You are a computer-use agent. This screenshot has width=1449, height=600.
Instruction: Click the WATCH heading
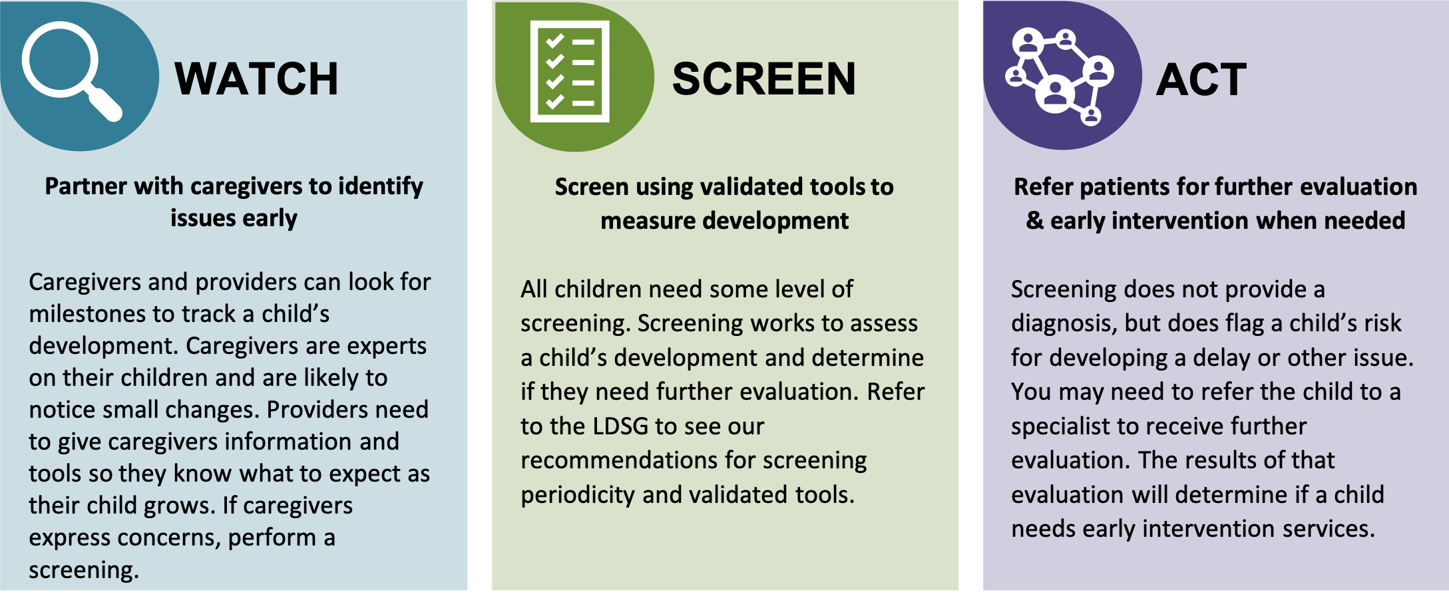(256, 79)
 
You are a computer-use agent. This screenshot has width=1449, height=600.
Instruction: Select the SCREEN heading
(764, 79)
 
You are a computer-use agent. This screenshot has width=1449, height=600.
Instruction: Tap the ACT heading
(1201, 80)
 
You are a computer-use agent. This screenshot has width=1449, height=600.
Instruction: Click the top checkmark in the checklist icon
(554, 41)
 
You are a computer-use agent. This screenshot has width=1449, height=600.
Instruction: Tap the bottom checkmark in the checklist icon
(554, 102)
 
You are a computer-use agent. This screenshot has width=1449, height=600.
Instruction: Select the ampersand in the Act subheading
(1035, 220)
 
